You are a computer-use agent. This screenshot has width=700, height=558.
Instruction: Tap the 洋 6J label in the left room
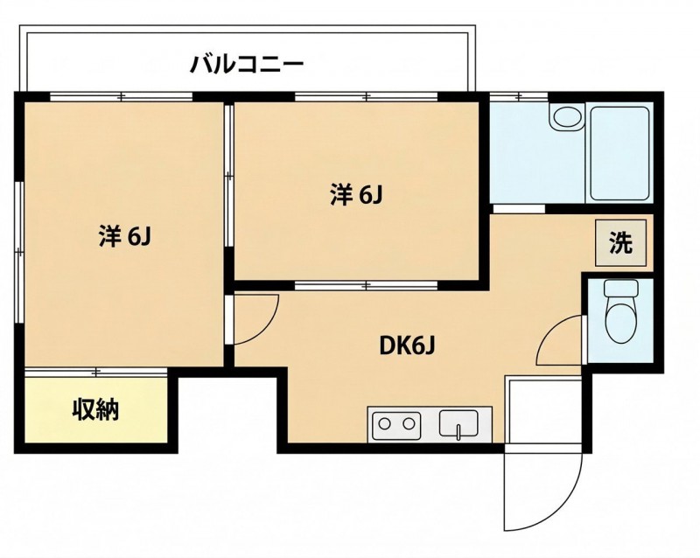126,237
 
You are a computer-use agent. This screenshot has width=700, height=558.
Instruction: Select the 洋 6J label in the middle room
357,195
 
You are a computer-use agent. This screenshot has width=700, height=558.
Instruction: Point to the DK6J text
407,345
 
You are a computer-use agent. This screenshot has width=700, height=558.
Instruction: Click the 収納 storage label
96,409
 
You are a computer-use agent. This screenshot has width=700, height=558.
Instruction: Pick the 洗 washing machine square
621,243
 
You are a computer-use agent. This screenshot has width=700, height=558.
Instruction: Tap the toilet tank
621,289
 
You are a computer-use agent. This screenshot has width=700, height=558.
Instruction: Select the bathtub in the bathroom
619,153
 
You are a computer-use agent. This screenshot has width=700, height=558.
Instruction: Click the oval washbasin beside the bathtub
568,117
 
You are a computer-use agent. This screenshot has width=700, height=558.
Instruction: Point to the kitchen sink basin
458,422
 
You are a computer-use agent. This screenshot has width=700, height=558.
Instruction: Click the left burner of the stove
384,422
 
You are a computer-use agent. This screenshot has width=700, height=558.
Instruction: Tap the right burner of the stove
409,422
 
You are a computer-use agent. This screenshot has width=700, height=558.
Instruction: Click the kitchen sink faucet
458,432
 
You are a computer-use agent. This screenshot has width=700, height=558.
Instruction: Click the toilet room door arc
550,331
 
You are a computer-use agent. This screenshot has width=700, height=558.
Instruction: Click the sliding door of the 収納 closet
96,372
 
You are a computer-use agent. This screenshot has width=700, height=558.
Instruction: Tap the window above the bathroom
519,96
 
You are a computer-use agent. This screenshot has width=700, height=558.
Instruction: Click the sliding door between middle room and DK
366,285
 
